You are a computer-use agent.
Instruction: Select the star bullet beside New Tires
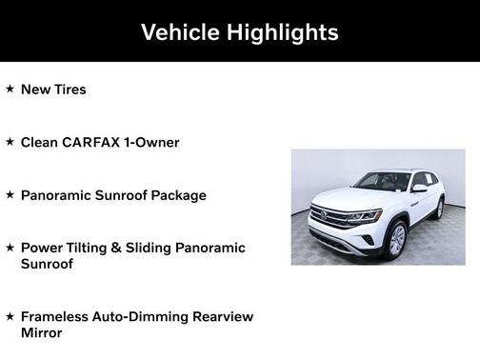tap(10, 89)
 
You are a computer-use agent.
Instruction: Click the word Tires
tap(70, 90)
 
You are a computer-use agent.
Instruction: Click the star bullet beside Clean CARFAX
tap(10, 141)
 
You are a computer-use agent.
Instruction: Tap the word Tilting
tap(93, 248)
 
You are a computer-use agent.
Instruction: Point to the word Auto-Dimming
tap(145, 315)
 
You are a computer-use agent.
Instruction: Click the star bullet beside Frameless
tap(10, 314)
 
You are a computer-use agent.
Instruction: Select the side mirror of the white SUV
tap(418, 189)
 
